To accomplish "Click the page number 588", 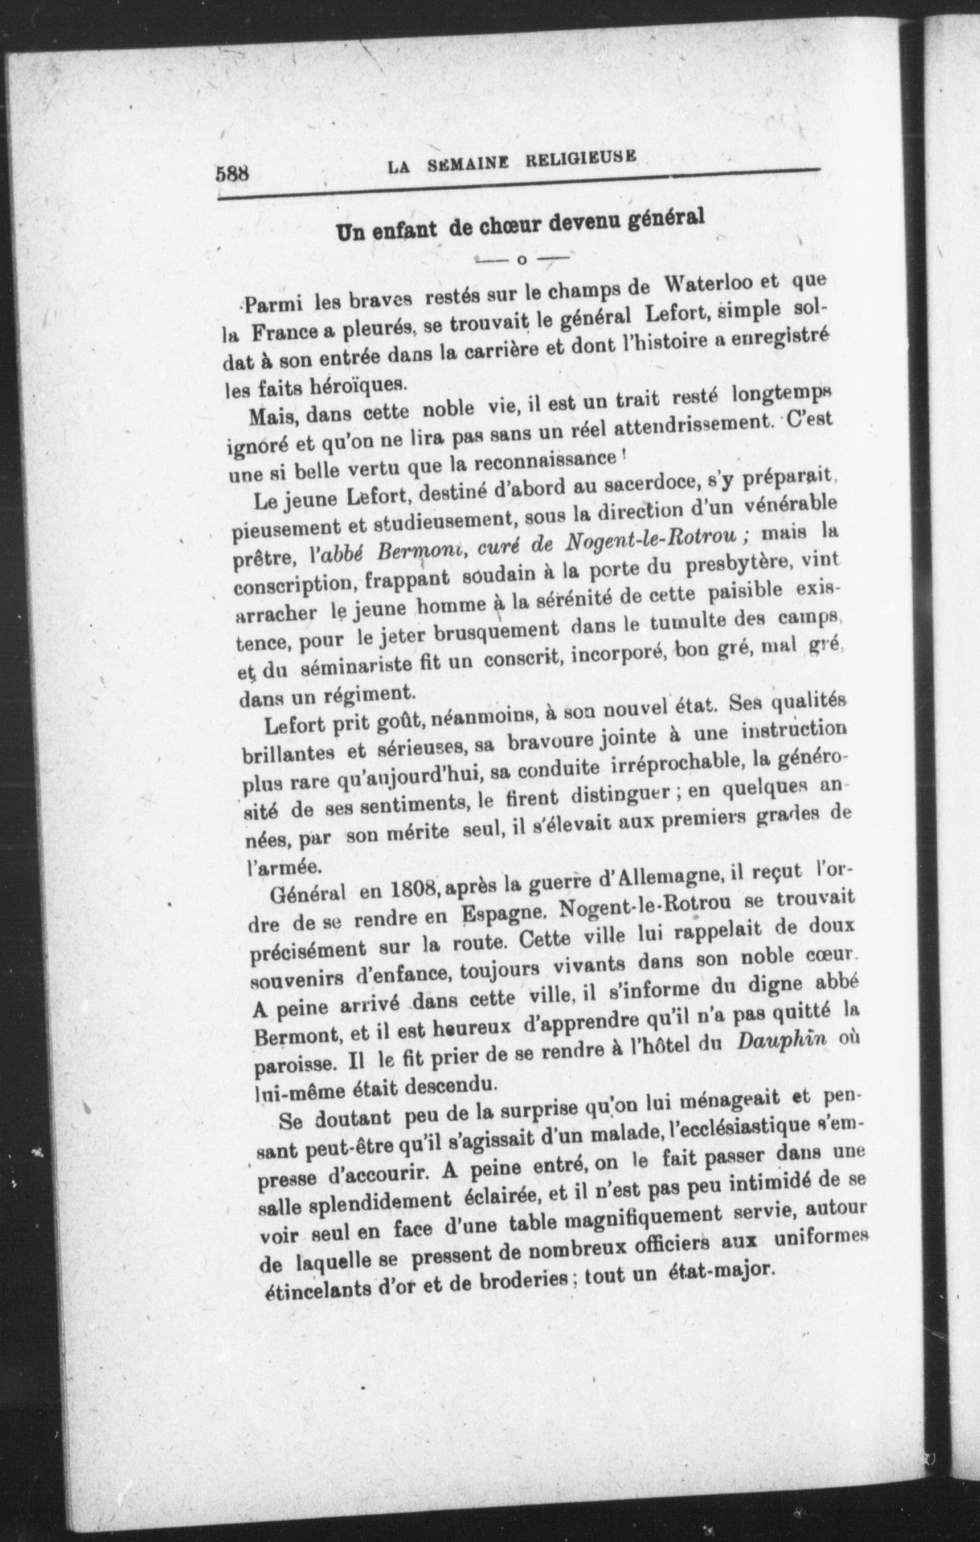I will [232, 175].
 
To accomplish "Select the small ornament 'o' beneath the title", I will [521, 261].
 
